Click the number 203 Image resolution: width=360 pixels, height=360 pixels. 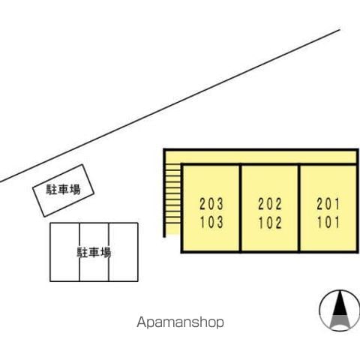pyautogui.click(x=211, y=204)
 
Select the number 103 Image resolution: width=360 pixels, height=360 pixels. pyautogui.click(x=211, y=222)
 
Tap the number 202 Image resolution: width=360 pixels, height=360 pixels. pyautogui.click(x=270, y=204)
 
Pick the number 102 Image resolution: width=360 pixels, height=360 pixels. pyautogui.click(x=270, y=223)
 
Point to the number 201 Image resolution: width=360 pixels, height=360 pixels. pyautogui.click(x=328, y=204)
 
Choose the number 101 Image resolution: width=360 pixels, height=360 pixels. pyautogui.click(x=328, y=223)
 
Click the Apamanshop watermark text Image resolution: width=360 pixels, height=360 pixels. pyautogui.click(x=180, y=322)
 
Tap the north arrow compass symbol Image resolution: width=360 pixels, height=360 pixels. pyautogui.click(x=339, y=310)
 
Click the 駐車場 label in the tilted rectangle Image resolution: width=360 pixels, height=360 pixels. pyautogui.click(x=63, y=190)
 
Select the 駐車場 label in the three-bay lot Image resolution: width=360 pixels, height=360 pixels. pyautogui.click(x=94, y=253)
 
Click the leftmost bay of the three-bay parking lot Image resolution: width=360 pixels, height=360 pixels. pyautogui.click(x=64, y=252)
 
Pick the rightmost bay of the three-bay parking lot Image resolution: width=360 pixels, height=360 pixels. pyautogui.click(x=124, y=252)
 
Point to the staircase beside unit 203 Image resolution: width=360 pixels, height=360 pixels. pyautogui.click(x=172, y=199)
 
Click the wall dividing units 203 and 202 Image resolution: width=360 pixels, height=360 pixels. pyautogui.click(x=241, y=208)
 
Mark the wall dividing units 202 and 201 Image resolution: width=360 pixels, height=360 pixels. pyautogui.click(x=299, y=208)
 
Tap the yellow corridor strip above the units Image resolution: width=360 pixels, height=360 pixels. pyautogui.click(x=260, y=157)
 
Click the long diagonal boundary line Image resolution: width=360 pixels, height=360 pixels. pyautogui.click(x=170, y=106)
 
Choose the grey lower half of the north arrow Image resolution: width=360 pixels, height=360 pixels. pyautogui.click(x=339, y=322)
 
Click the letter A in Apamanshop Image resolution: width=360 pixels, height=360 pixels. pyautogui.click(x=141, y=322)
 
